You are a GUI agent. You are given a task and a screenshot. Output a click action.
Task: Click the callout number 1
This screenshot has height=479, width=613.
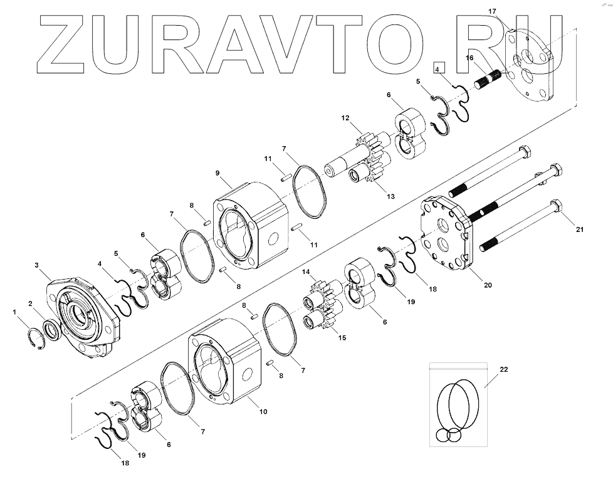click(15, 312)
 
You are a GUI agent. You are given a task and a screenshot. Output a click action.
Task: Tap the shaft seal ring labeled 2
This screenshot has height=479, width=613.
click(52, 330)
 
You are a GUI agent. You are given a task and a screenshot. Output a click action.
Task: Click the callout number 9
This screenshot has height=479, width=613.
click(217, 173)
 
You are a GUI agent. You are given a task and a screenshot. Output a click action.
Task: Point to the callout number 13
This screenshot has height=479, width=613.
click(390, 197)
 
